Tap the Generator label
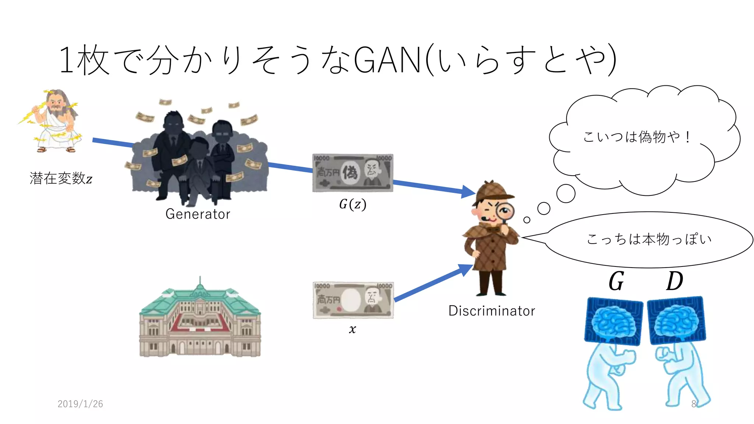198,214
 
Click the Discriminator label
491,311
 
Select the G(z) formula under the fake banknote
352,204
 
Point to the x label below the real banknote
352,329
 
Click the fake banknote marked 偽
352,173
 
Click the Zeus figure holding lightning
53,121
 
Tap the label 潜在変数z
61,179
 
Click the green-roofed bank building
200,320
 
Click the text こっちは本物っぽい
649,239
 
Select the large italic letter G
616,282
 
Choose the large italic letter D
674,282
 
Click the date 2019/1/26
80,404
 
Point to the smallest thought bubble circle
527,220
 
